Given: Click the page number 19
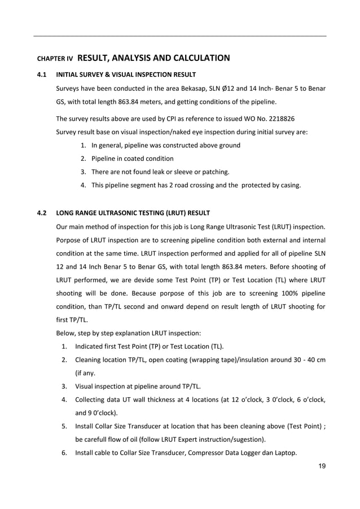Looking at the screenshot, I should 322,466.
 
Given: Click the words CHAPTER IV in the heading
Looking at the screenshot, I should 55,59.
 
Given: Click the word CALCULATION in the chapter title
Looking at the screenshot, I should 199,58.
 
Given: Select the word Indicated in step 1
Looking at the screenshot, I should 90,346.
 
